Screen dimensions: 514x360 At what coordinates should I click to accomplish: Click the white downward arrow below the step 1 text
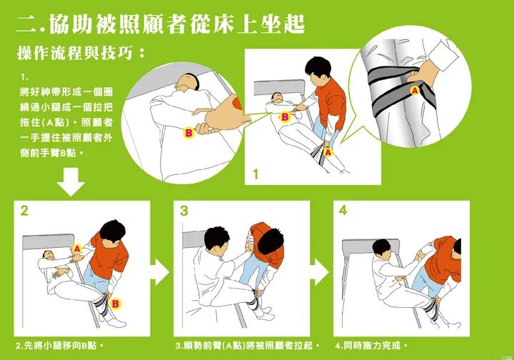pos(71,181)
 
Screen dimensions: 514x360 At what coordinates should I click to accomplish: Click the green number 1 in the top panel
pos(256,174)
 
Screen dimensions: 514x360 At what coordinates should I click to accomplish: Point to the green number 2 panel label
pos(24,211)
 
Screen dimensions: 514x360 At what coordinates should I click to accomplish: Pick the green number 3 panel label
pos(184,211)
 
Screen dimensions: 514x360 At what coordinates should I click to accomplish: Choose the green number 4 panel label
pos(343,210)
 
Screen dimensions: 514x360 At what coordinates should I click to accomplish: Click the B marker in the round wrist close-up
pos(188,133)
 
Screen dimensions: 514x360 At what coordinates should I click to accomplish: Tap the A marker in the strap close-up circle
pos(415,90)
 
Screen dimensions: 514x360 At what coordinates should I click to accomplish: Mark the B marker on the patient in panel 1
pos(285,117)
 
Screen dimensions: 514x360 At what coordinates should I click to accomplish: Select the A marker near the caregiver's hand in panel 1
pos(328,152)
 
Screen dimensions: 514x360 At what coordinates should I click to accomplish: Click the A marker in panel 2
pos(77,249)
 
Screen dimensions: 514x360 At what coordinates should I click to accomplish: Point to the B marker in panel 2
pos(115,304)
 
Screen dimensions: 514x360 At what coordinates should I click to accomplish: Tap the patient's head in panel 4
pos(382,248)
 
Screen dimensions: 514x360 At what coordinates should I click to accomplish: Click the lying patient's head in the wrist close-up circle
pos(187,82)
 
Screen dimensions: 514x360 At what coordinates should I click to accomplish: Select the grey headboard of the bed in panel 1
pos(278,88)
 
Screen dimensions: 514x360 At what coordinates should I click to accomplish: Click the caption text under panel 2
pos(59,346)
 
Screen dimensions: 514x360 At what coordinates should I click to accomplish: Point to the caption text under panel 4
pos(371,346)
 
